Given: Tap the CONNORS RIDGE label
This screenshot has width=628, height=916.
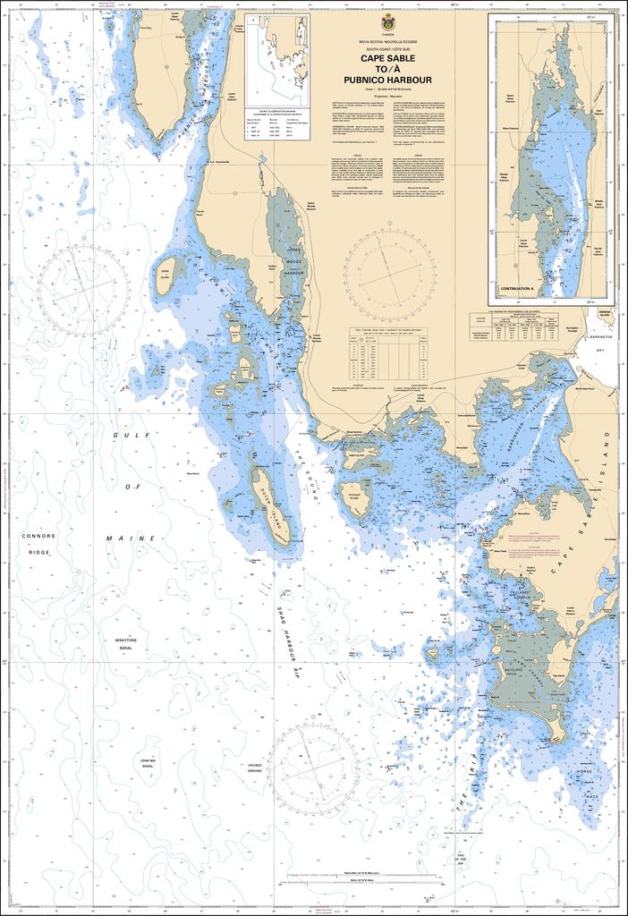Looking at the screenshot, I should (x=38, y=543).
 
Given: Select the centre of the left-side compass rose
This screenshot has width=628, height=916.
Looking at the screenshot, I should (x=81, y=287).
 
